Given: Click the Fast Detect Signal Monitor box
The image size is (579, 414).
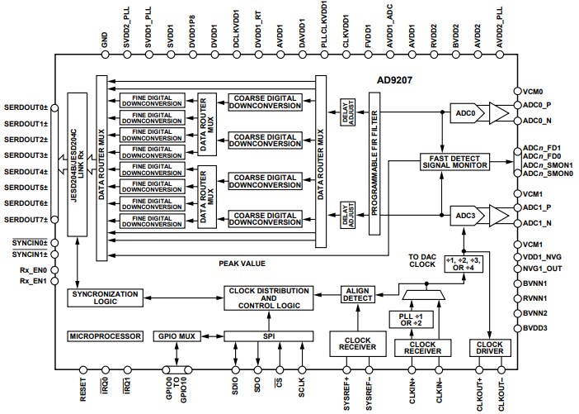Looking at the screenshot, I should [454, 161].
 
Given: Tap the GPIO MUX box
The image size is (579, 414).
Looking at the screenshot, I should [175, 336].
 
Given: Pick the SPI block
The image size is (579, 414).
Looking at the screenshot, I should [269, 336].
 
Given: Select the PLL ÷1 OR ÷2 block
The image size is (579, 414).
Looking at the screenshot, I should [410, 319].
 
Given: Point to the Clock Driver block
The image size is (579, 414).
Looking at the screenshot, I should [489, 349].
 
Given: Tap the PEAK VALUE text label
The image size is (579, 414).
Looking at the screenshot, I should [242, 263].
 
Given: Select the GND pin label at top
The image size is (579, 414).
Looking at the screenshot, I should [103, 40].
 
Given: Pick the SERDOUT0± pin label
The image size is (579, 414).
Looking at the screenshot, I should [26, 107].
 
